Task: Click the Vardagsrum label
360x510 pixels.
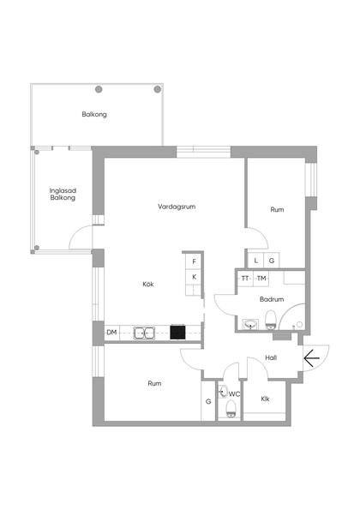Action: click(x=177, y=207)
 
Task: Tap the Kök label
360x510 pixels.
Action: click(x=148, y=284)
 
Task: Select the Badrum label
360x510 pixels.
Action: click(x=272, y=299)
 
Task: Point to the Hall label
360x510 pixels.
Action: click(x=271, y=357)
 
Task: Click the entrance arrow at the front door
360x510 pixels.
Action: click(x=311, y=358)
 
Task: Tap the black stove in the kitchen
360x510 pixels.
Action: click(x=177, y=333)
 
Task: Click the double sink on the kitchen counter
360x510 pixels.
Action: click(x=144, y=333)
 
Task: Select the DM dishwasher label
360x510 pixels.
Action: click(x=111, y=333)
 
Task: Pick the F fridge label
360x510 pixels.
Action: click(x=195, y=261)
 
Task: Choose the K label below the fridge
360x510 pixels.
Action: click(x=195, y=277)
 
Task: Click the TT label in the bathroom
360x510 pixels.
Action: click(x=245, y=279)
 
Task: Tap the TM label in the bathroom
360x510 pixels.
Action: click(x=261, y=279)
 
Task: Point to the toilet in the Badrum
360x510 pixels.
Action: click(x=270, y=320)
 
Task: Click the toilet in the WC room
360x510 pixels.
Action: click(x=231, y=409)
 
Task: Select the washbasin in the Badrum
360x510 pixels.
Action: click(x=250, y=324)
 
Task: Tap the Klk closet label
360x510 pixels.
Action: click(x=265, y=399)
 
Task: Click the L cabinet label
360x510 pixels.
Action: click(x=256, y=261)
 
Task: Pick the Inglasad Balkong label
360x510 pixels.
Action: click(x=63, y=195)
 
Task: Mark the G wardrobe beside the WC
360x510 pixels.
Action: click(x=208, y=402)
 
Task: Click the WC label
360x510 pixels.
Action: click(x=234, y=394)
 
